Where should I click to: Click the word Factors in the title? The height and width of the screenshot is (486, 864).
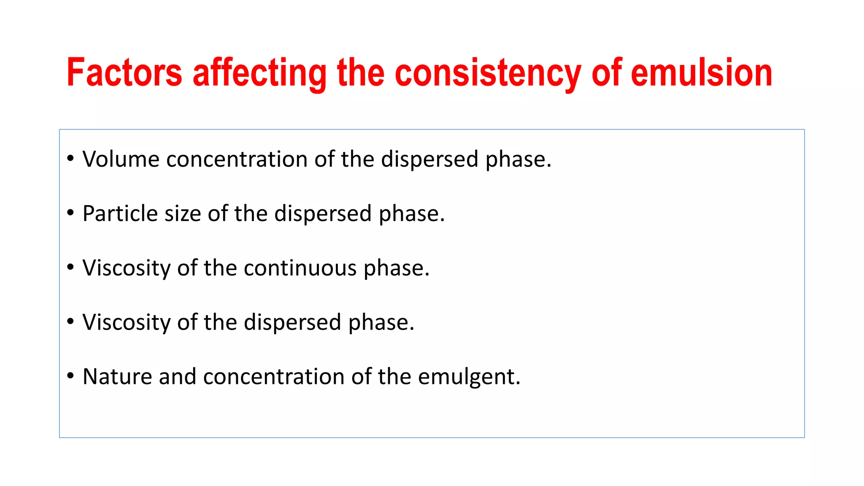(124, 73)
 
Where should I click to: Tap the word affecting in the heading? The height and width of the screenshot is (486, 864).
(259, 73)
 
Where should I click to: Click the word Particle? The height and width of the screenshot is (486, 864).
(120, 213)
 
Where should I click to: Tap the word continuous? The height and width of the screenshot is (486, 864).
(300, 268)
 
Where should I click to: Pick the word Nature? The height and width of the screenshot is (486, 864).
(117, 376)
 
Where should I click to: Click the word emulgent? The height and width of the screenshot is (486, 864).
(469, 377)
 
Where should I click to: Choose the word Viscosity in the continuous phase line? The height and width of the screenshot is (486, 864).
(127, 268)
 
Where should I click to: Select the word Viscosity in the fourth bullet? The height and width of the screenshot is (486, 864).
(127, 322)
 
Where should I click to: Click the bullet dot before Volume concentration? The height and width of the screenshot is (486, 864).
(70, 159)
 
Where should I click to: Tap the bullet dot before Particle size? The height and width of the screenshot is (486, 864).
(70, 213)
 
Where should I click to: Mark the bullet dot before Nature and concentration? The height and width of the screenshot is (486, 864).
(70, 375)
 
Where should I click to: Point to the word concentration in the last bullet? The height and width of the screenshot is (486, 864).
(273, 376)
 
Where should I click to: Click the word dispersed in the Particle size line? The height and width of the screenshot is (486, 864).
(323, 213)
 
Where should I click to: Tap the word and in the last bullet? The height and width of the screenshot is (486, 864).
(177, 376)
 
